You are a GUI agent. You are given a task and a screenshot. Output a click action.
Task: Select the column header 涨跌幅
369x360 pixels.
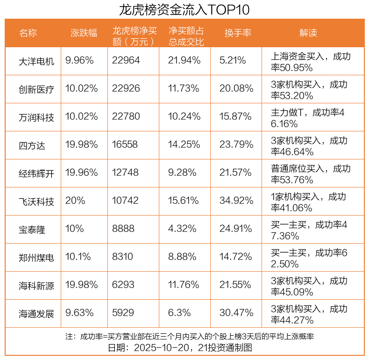(84, 33)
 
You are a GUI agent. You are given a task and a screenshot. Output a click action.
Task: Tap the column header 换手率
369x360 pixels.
(238, 33)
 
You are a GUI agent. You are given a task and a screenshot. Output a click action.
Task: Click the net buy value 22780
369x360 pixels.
(126, 117)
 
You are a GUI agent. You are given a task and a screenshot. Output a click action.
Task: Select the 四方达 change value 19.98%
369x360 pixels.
(82, 145)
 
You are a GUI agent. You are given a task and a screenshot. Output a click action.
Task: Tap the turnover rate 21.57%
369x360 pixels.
(236, 173)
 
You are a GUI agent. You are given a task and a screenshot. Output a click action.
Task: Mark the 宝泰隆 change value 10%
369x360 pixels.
(75, 229)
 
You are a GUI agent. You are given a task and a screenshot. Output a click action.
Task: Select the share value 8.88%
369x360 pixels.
(182, 257)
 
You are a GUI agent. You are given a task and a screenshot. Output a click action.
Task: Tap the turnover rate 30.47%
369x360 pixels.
(236, 313)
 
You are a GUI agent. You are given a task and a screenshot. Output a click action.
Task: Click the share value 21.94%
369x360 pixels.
(184, 61)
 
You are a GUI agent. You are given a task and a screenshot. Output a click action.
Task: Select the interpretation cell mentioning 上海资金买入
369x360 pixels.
(311, 61)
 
